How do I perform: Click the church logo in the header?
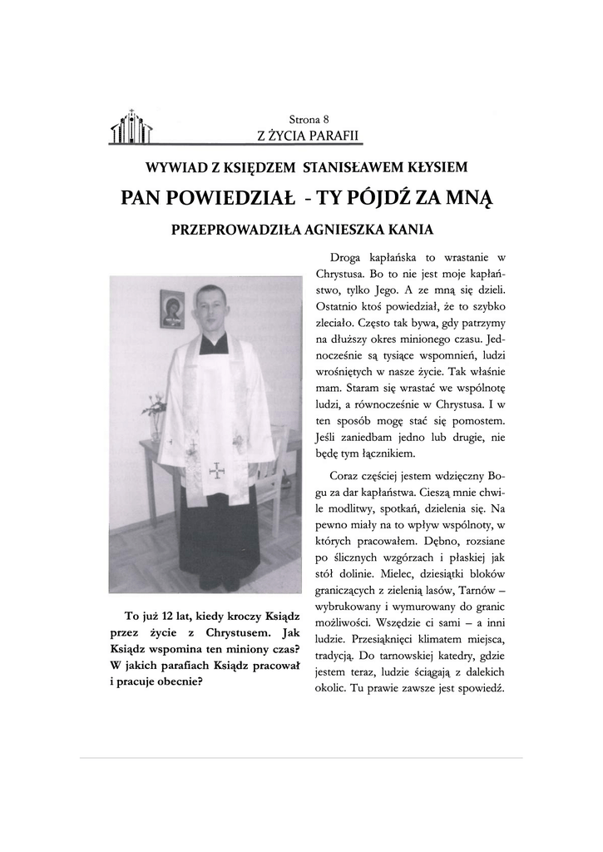[x=131, y=127]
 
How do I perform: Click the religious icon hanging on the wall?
[x=172, y=309]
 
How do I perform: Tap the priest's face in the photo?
[x=211, y=309]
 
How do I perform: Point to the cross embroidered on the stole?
[x=216, y=470]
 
